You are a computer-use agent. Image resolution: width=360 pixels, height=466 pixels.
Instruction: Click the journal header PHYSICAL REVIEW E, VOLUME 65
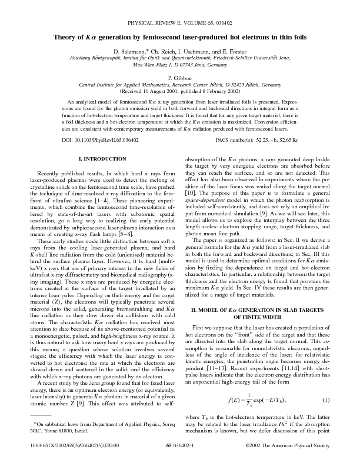click(x=180, y=22)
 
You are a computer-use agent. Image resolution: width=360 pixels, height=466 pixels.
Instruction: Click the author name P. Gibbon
click(x=180, y=77)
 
